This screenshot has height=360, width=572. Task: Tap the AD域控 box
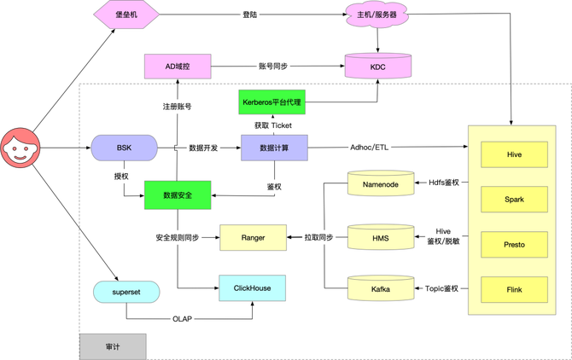click(177, 66)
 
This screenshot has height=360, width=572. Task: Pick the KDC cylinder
click(377, 66)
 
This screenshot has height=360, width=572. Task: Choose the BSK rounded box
click(125, 148)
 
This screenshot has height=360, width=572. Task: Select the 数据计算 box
click(273, 148)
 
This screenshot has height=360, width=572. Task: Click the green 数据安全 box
click(178, 195)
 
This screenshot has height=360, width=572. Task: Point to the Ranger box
click(253, 237)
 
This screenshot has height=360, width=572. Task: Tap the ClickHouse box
click(253, 288)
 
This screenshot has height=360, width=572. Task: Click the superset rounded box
click(125, 292)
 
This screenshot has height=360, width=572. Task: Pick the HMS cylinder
click(381, 237)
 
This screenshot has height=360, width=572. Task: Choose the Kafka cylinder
click(381, 289)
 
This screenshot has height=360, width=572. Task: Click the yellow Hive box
click(514, 154)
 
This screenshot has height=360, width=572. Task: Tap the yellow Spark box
click(514, 199)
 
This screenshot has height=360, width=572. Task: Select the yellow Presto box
click(514, 244)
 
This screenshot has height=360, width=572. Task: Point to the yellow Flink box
click(514, 289)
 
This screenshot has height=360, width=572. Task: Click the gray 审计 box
click(113, 346)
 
